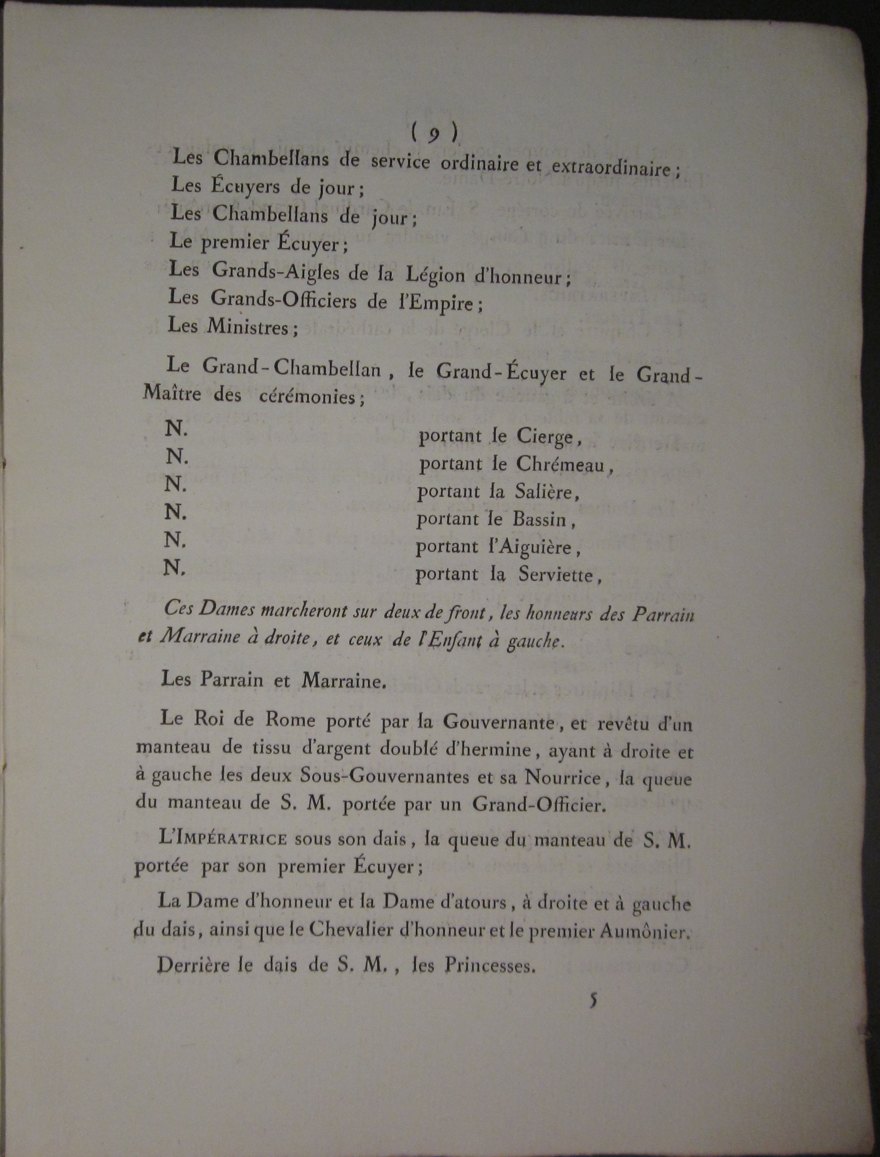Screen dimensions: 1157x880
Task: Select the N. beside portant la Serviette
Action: (174, 568)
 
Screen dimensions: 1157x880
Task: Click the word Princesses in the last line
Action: (490, 964)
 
